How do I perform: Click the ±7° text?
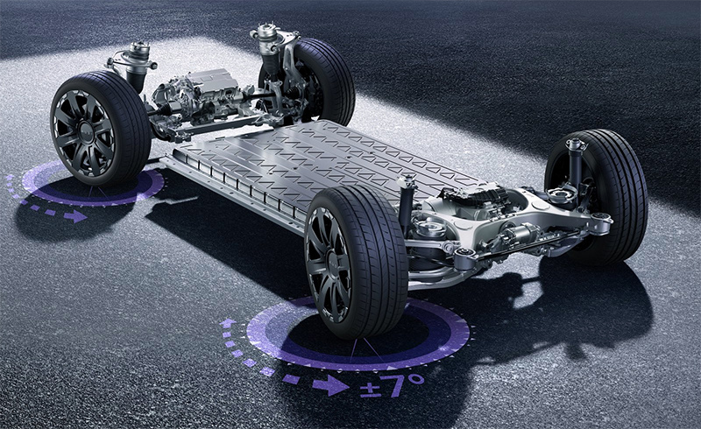(392, 385)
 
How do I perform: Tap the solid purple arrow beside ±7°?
(331, 385)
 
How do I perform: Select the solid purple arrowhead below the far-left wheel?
(75, 217)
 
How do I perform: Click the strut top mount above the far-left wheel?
(138, 54)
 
